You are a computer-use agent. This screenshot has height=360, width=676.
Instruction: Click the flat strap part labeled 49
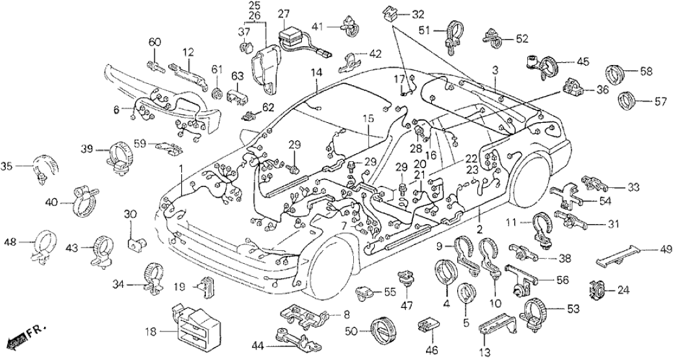pos(620,255)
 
